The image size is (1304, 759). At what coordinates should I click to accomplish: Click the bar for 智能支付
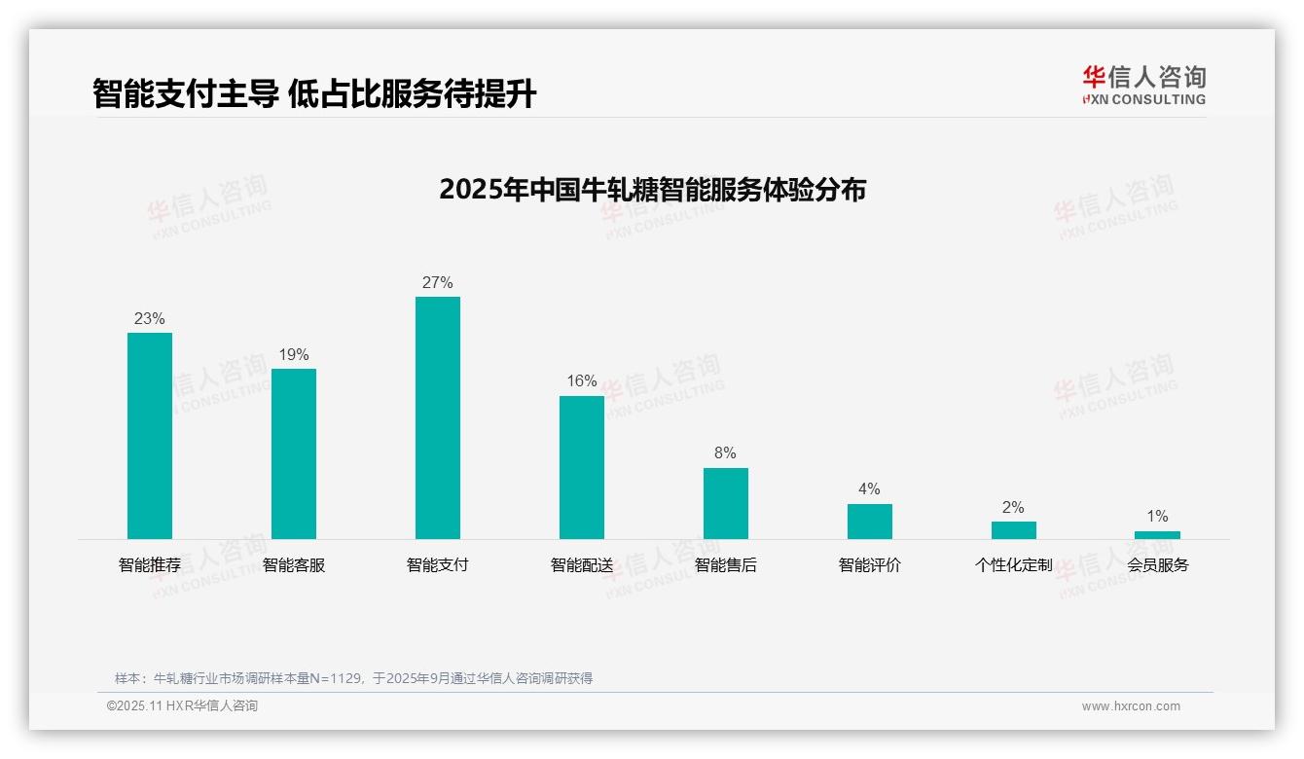pyautogui.click(x=438, y=417)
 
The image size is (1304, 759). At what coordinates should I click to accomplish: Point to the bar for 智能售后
pyautogui.click(x=726, y=503)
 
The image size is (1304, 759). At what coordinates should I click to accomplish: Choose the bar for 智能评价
pyautogui.click(x=870, y=522)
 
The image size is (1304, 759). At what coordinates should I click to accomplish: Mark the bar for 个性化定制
pyautogui.click(x=1014, y=530)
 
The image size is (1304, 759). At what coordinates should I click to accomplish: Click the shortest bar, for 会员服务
pyautogui.click(x=1157, y=535)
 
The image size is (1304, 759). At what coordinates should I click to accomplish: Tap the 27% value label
pyautogui.click(x=438, y=283)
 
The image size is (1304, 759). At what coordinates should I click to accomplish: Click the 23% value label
pyautogui.click(x=150, y=319)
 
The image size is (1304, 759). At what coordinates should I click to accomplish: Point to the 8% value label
pyautogui.click(x=725, y=453)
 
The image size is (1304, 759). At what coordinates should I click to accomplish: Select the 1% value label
pyautogui.click(x=1157, y=517)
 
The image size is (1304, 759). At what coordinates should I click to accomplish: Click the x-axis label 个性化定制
pyautogui.click(x=1014, y=565)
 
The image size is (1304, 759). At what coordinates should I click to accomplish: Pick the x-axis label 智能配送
pyautogui.click(x=582, y=565)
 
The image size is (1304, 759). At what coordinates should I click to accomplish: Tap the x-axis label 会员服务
pyautogui.click(x=1158, y=565)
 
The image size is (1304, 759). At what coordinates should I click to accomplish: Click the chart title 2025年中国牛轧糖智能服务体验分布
pyautogui.click(x=652, y=190)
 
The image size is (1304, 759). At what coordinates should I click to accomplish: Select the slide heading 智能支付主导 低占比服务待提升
pyautogui.click(x=314, y=94)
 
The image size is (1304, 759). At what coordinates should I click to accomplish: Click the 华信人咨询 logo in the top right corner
pyautogui.click(x=1143, y=85)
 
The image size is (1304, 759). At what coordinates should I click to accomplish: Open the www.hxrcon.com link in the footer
pyautogui.click(x=1131, y=706)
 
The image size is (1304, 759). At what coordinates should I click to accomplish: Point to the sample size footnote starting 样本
pyautogui.click(x=353, y=678)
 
